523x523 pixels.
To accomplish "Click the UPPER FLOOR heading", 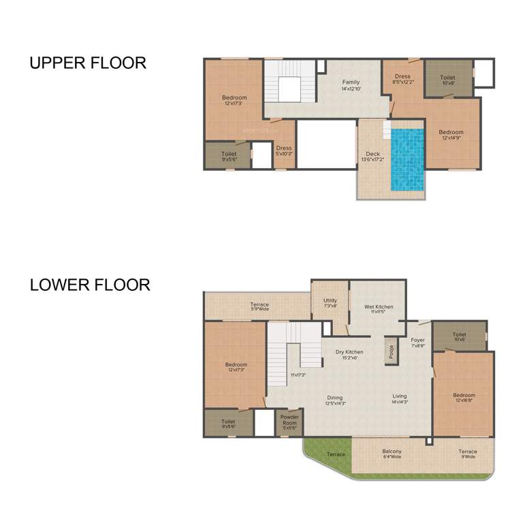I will (x=87, y=63).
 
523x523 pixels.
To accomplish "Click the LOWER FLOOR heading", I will (x=90, y=285).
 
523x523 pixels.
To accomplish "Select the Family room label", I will (x=351, y=85).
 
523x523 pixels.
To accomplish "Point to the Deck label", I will (x=373, y=157).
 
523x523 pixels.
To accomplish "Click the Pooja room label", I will (x=392, y=351).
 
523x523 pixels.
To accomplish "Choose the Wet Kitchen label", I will (x=379, y=309).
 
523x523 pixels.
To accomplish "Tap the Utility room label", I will (x=330, y=303).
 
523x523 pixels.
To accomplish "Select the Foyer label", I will (x=417, y=343).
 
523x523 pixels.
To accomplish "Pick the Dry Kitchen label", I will (x=347, y=354).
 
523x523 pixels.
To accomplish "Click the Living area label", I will (x=400, y=399).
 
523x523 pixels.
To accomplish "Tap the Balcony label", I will (x=392, y=454).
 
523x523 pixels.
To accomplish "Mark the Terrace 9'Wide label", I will (x=467, y=454).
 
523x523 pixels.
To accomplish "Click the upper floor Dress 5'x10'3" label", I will (x=284, y=150).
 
